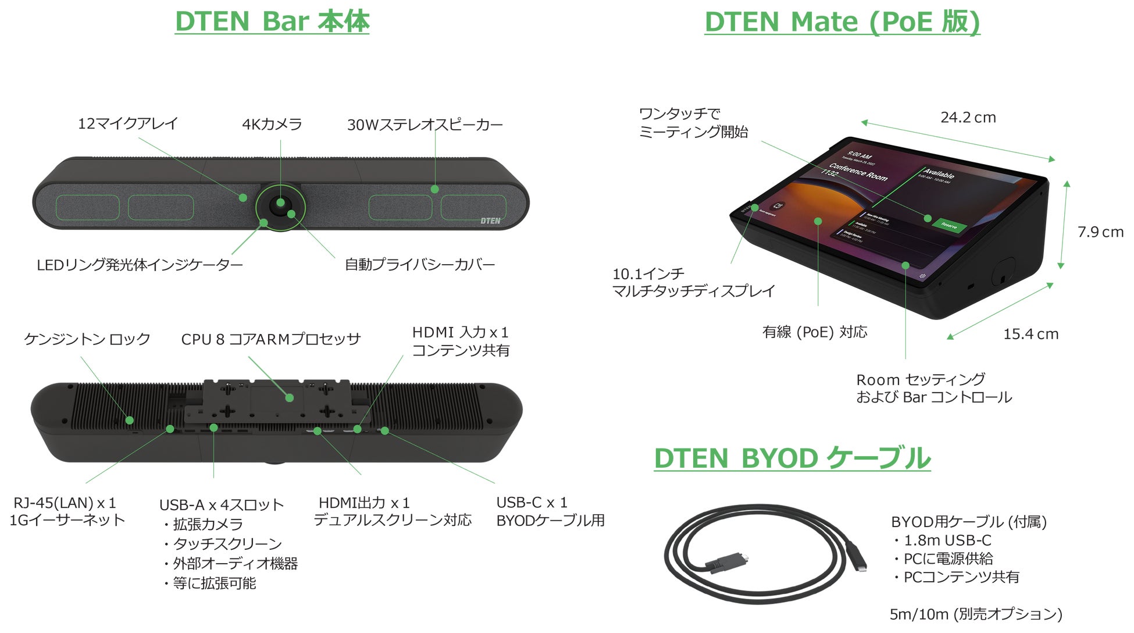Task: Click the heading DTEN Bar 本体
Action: pyautogui.click(x=272, y=22)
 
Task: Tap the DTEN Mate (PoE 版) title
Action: pyautogui.click(x=841, y=22)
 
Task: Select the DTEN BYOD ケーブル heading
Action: pyautogui.click(x=791, y=458)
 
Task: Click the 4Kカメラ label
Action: pyautogui.click(x=272, y=124)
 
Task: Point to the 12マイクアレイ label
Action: pyautogui.click(x=128, y=123)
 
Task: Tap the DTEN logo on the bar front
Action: pyautogui.click(x=490, y=221)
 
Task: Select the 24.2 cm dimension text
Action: pyautogui.click(x=968, y=118)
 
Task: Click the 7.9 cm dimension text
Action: pyautogui.click(x=1100, y=232)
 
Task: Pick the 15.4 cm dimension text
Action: pyautogui.click(x=1030, y=334)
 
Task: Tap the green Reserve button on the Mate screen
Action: pyautogui.click(x=949, y=225)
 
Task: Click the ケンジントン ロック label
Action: pyautogui.click(x=87, y=339)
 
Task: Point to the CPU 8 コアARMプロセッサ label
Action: pyautogui.click(x=271, y=339)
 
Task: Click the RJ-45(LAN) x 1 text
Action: pyautogui.click(x=65, y=503)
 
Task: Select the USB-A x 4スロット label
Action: pyautogui.click(x=222, y=505)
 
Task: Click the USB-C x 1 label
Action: pyautogui.click(x=532, y=502)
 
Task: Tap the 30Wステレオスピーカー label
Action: pyautogui.click(x=425, y=125)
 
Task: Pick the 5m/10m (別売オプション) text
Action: pyautogui.click(x=976, y=614)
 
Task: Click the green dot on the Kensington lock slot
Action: pyautogui.click(x=130, y=420)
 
